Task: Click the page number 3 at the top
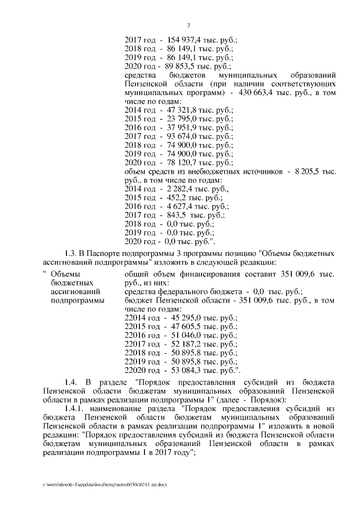[x=189, y=25]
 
